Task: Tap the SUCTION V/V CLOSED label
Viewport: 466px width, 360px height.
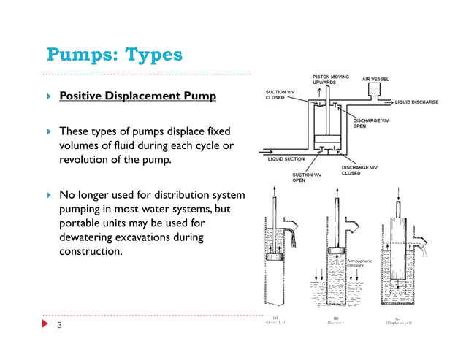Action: [x=280, y=95]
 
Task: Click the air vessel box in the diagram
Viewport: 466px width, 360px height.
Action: [x=375, y=91]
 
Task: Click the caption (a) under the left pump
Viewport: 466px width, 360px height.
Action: [x=275, y=318]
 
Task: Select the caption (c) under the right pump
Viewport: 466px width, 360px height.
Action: [x=397, y=318]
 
